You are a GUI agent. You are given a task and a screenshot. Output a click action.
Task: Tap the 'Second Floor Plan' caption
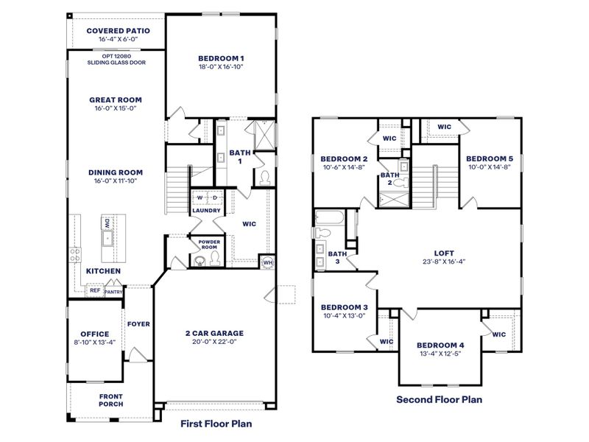pyautogui.click(x=439, y=400)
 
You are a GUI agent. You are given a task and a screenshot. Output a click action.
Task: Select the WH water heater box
pyautogui.click(x=267, y=263)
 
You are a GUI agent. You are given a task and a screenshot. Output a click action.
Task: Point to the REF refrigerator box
pyautogui.click(x=94, y=290)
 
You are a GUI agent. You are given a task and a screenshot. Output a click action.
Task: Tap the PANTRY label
pyautogui.click(x=113, y=292)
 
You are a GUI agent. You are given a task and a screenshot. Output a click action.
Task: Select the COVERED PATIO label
pyautogui.click(x=118, y=31)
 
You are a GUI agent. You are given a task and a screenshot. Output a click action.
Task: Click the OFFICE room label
pyautogui.click(x=94, y=334)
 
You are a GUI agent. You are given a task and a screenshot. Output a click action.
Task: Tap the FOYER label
pyautogui.click(x=138, y=323)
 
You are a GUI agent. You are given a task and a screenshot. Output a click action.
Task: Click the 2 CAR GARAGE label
pyautogui.click(x=214, y=333)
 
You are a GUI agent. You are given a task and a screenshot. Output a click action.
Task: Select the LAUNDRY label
pyautogui.click(x=207, y=211)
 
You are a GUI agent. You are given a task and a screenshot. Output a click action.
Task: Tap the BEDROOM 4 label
pyautogui.click(x=440, y=345)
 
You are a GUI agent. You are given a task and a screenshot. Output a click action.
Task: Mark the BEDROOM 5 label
pyautogui.click(x=489, y=158)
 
